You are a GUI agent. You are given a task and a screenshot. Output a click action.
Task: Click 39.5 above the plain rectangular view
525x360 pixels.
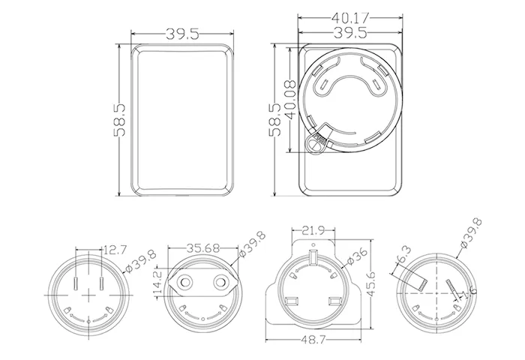point(181,34)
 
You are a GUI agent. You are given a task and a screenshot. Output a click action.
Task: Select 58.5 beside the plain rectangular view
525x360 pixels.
point(118,120)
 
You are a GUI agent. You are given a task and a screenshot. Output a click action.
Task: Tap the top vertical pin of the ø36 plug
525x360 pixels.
point(313,259)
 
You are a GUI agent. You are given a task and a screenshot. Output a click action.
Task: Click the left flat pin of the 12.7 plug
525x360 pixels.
point(78,286)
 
